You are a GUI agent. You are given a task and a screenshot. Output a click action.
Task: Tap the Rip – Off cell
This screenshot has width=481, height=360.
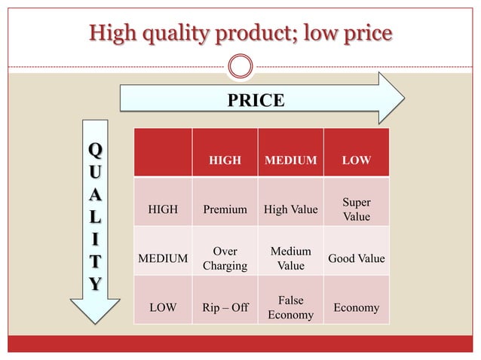225,307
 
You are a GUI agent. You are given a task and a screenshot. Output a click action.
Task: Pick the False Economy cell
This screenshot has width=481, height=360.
290,307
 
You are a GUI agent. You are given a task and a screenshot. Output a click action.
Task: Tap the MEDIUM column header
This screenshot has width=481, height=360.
290,160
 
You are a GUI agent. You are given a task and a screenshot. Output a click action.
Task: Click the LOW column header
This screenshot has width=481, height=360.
356,160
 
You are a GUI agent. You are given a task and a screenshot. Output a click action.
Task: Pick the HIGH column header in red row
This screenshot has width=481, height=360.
225,160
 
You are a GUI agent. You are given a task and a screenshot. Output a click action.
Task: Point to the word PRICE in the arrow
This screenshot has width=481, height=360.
256,100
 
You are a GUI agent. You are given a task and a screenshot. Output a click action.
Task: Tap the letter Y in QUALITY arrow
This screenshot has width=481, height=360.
94,284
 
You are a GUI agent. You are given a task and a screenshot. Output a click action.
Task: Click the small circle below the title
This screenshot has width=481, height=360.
240,66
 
